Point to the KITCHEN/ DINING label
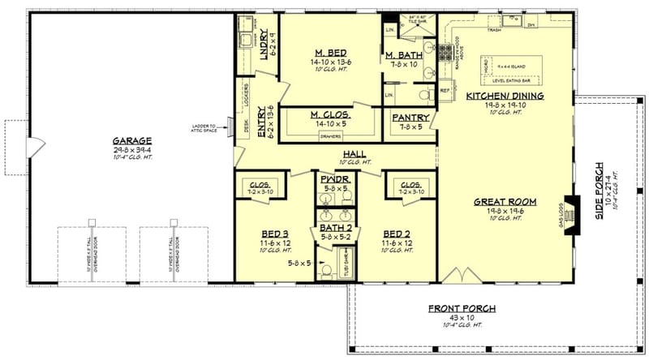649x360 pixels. click(505, 96)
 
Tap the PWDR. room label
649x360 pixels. click(334, 178)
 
